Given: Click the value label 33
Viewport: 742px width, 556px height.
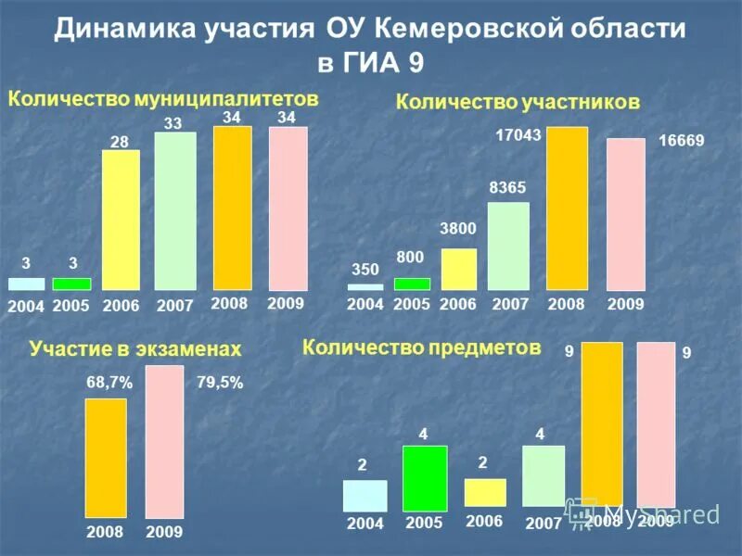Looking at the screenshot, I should coord(173,122).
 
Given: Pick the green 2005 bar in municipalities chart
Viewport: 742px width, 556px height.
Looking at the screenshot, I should coord(71,284).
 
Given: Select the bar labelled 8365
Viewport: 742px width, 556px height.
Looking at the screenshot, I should coord(508,246).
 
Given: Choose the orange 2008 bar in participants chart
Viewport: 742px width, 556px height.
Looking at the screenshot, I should coord(567,208).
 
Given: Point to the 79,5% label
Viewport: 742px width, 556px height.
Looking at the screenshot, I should coord(220,382).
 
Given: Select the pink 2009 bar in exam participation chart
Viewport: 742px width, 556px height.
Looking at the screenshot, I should coord(165,441).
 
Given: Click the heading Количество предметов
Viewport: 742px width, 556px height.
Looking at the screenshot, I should coord(421,347).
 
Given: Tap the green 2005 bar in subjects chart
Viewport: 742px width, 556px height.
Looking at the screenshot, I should coord(425,478).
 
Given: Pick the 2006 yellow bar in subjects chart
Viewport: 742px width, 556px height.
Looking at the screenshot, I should coord(485,492).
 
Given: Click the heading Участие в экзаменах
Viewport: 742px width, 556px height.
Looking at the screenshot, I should coord(135,348).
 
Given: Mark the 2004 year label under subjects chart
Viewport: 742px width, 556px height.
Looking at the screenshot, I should coord(365,524).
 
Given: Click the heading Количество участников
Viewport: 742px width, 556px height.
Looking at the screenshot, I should coord(518,102).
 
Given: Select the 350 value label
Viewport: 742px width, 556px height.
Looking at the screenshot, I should coord(365,270).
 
